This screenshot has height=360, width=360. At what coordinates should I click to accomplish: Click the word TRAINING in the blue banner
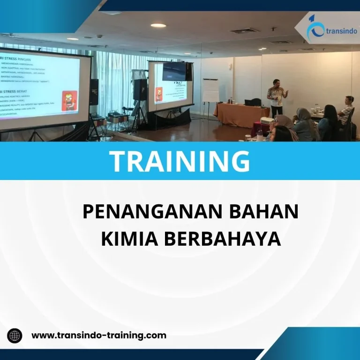pos(180,161)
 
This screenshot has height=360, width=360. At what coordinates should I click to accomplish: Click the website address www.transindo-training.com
pos(98,335)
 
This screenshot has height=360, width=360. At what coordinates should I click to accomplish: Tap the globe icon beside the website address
pos(15,336)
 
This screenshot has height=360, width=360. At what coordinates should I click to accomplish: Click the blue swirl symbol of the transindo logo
pos(314,28)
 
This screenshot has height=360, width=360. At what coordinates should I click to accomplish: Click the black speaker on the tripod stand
pos(140,89)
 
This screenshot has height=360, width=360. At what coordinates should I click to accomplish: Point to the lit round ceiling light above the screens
pos(158,25)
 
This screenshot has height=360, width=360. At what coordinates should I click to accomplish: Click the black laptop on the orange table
pos(255,102)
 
